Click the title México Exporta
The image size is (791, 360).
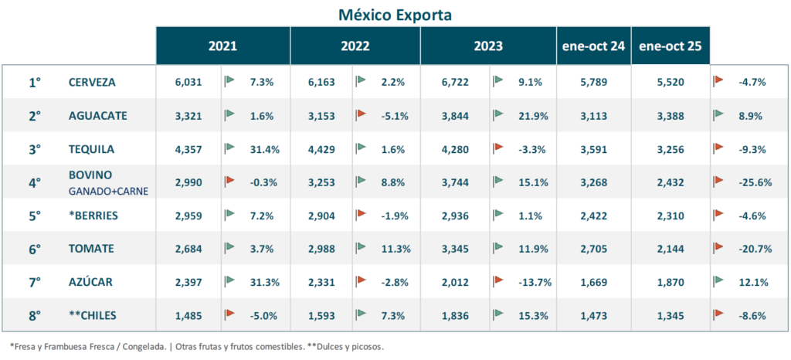pos(395,15)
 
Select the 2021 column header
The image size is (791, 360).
pos(222,46)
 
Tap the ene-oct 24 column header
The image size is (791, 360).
pos(593,46)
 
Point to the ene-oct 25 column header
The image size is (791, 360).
pos(670,46)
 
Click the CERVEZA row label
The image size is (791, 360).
pos(93,82)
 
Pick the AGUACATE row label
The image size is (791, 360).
pos(97,115)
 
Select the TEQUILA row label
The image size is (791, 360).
pos(91,149)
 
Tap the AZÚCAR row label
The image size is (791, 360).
pos(90,282)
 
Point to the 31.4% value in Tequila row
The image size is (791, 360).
pos(265,149)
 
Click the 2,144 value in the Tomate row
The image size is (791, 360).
pos(670,249)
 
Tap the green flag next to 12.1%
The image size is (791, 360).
pos(718,280)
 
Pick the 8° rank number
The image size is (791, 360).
pos(35,315)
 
